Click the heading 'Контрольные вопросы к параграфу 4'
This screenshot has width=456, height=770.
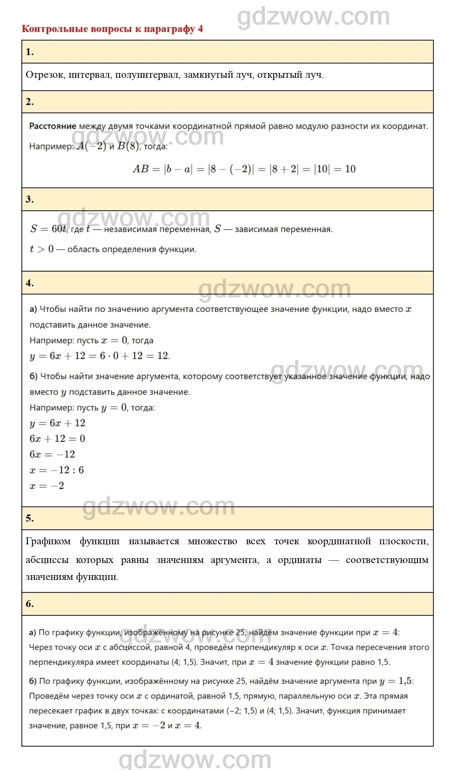pyautogui.click(x=112, y=29)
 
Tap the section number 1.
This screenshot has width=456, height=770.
pyautogui.click(x=30, y=52)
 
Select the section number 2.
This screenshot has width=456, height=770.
pyautogui.click(x=30, y=102)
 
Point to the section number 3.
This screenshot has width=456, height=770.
pyautogui.click(x=30, y=200)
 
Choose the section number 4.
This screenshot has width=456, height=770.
pyautogui.click(x=30, y=283)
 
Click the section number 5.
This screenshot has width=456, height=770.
pyautogui.click(x=30, y=518)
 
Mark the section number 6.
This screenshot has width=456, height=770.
pyautogui.click(x=30, y=604)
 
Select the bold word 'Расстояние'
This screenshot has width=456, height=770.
pyautogui.click(x=53, y=126)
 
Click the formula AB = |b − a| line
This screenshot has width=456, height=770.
pyautogui.click(x=244, y=169)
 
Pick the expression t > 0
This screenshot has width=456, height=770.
pyautogui.click(x=41, y=249)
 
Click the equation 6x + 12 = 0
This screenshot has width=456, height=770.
pyautogui.click(x=57, y=439)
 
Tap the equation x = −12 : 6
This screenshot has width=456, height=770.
pyautogui.click(x=57, y=470)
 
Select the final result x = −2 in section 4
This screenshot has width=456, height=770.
pyautogui.click(x=47, y=486)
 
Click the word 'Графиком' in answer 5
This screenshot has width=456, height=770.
pyautogui.click(x=48, y=541)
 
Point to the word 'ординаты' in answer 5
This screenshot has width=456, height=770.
pyautogui.click(x=300, y=560)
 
